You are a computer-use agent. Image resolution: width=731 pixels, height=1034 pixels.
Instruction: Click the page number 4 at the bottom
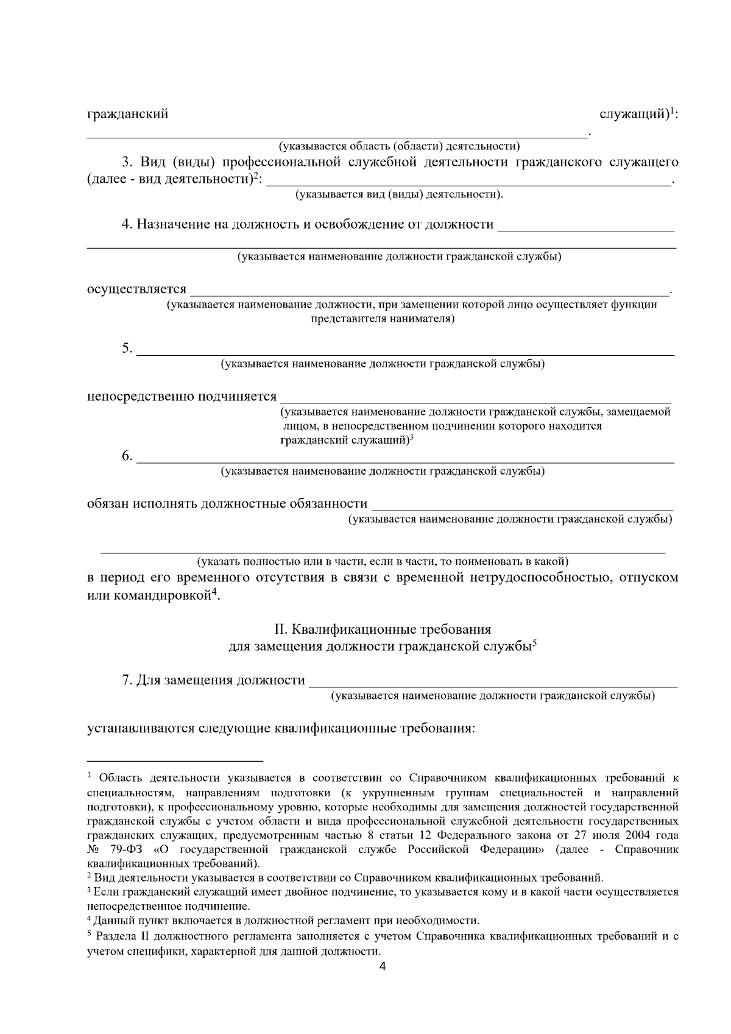(x=383, y=967)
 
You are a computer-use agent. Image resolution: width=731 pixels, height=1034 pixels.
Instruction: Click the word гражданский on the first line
(x=127, y=114)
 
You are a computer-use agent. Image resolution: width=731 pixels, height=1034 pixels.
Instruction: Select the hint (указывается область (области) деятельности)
(x=399, y=146)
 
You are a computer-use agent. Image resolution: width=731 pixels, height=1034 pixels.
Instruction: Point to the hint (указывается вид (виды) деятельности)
(x=399, y=194)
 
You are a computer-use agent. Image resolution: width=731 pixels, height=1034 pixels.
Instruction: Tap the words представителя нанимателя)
(x=383, y=319)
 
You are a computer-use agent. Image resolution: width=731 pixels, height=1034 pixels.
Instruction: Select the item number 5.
(x=127, y=349)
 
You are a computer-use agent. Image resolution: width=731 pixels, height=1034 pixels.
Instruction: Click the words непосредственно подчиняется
(x=182, y=397)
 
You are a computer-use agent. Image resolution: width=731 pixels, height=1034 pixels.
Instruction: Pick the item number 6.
(x=127, y=456)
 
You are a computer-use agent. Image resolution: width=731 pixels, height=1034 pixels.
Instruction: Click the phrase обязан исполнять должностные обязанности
(x=227, y=504)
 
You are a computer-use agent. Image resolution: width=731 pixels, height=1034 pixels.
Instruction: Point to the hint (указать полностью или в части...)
(x=383, y=561)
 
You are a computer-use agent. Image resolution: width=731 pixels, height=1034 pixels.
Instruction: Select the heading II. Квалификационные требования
(x=382, y=629)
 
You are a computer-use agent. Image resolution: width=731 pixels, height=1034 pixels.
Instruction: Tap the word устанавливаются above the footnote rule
(x=142, y=728)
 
